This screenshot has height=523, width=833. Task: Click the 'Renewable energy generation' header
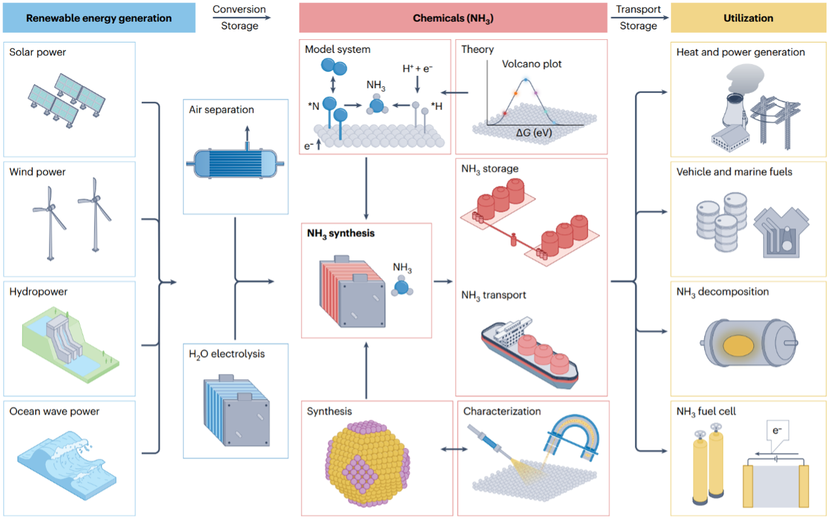click(x=99, y=18)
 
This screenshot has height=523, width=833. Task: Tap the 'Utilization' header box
click(x=749, y=18)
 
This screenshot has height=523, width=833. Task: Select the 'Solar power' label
click(x=37, y=52)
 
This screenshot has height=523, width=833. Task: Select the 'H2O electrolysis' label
click(x=227, y=354)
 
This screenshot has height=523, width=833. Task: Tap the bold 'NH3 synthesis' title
click(x=341, y=233)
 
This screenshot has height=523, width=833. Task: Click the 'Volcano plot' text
click(x=532, y=64)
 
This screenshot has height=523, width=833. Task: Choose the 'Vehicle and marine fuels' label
click(x=734, y=172)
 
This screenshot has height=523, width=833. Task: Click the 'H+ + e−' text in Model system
click(x=416, y=68)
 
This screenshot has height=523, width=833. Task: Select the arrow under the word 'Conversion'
click(x=239, y=18)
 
